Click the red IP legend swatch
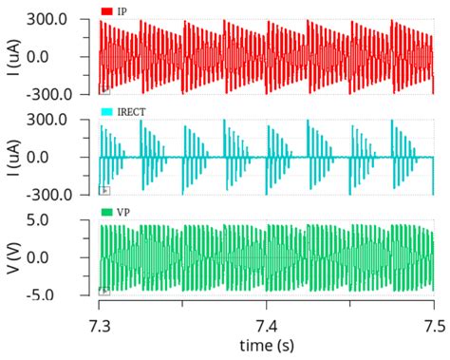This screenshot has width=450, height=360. pyautogui.click(x=107, y=11)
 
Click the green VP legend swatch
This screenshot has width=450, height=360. pyautogui.click(x=107, y=214)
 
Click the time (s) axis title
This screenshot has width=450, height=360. pyautogui.click(x=267, y=343)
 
